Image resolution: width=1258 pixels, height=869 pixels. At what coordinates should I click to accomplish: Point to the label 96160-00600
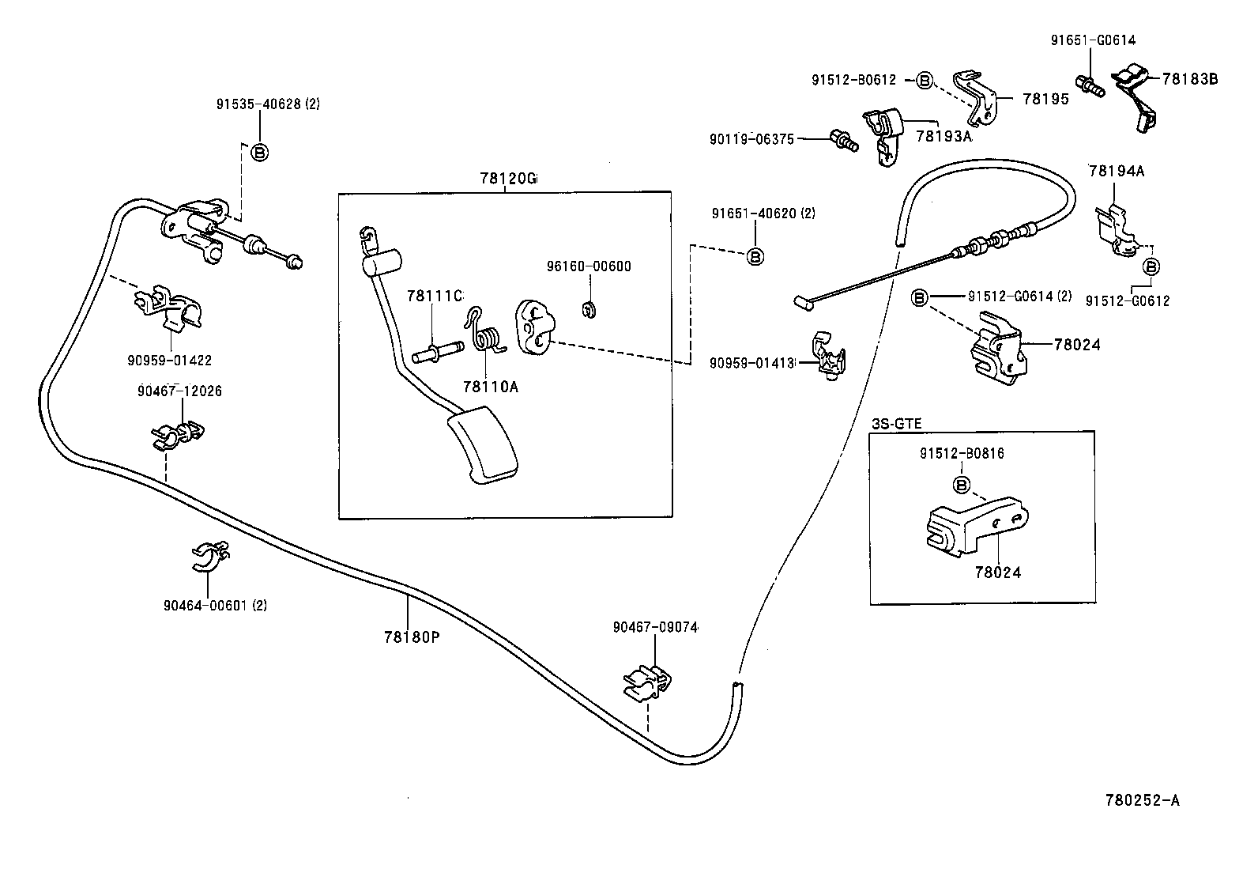[589, 266]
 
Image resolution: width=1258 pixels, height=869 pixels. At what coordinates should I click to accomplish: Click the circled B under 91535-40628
[259, 152]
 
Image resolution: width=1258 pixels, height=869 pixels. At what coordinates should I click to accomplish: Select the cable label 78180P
[411, 636]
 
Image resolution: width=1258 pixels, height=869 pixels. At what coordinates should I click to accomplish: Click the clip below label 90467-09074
[647, 684]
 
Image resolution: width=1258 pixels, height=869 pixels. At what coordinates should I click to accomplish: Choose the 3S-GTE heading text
[897, 423]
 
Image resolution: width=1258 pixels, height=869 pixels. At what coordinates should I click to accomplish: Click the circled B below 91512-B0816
[962, 485]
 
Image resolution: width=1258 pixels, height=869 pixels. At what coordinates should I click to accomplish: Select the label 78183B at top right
[1189, 79]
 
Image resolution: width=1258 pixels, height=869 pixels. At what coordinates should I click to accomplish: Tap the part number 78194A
[1116, 171]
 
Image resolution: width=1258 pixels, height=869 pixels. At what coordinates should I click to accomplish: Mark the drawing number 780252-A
[1142, 800]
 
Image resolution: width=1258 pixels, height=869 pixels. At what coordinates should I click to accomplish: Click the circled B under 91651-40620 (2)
[755, 256]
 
